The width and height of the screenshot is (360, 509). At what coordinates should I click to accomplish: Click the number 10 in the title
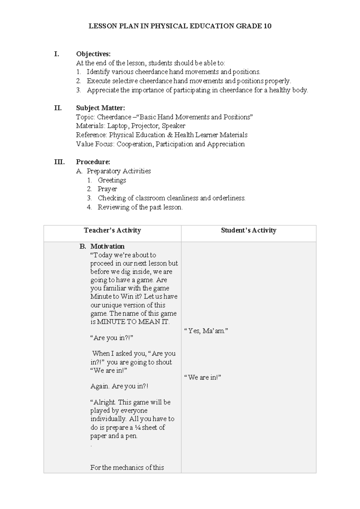coord(268,26)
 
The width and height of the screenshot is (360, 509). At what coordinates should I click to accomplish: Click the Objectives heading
coord(93,54)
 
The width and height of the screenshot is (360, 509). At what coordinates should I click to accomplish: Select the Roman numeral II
coord(58,108)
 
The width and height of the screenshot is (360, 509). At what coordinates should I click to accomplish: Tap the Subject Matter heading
coord(100,108)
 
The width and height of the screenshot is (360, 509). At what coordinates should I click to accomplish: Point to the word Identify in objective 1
coord(98,72)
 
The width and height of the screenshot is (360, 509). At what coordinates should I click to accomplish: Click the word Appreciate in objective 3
coord(103,90)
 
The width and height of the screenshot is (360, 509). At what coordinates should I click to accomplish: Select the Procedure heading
coord(93,162)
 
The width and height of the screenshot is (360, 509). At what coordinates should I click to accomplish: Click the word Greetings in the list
coord(112,180)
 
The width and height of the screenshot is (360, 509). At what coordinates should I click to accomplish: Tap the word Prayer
coord(107,189)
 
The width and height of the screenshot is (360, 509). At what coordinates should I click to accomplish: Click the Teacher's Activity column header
coord(112,230)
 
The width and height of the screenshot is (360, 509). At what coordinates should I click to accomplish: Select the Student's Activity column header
coord(248,230)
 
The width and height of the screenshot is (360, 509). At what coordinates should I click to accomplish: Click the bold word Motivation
coord(107,246)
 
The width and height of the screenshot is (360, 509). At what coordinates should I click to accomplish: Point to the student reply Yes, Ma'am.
coord(206,331)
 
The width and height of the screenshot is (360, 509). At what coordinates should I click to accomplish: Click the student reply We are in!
coord(203,378)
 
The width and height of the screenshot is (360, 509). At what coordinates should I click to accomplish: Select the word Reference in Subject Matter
coord(91,135)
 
